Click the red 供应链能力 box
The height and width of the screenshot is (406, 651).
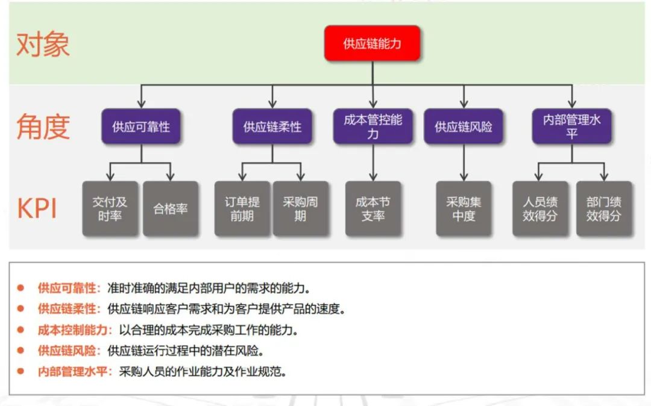point(372,43)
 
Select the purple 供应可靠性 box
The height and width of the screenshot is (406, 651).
point(141,126)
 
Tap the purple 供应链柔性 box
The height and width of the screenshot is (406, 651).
point(272,126)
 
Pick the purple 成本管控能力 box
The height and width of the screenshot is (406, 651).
point(373,126)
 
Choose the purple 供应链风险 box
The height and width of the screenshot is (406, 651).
point(464,126)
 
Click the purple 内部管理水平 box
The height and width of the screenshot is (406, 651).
point(571,126)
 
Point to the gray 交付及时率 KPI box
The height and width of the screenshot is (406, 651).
point(110,208)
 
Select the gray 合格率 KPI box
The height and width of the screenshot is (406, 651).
point(171,208)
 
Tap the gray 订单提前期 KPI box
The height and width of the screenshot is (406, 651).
point(242,208)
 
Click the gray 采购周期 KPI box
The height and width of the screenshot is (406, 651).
point(300,208)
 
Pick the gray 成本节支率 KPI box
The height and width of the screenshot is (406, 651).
point(373,208)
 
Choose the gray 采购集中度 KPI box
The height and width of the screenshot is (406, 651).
point(464,208)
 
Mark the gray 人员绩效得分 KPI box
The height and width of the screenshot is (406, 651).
point(540,208)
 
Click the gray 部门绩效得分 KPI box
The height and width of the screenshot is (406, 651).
point(603,208)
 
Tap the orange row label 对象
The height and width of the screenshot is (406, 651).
point(43,45)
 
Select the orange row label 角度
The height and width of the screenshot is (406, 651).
point(43,126)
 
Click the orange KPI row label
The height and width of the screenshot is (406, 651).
point(37,208)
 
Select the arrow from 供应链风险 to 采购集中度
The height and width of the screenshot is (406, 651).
point(464,162)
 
